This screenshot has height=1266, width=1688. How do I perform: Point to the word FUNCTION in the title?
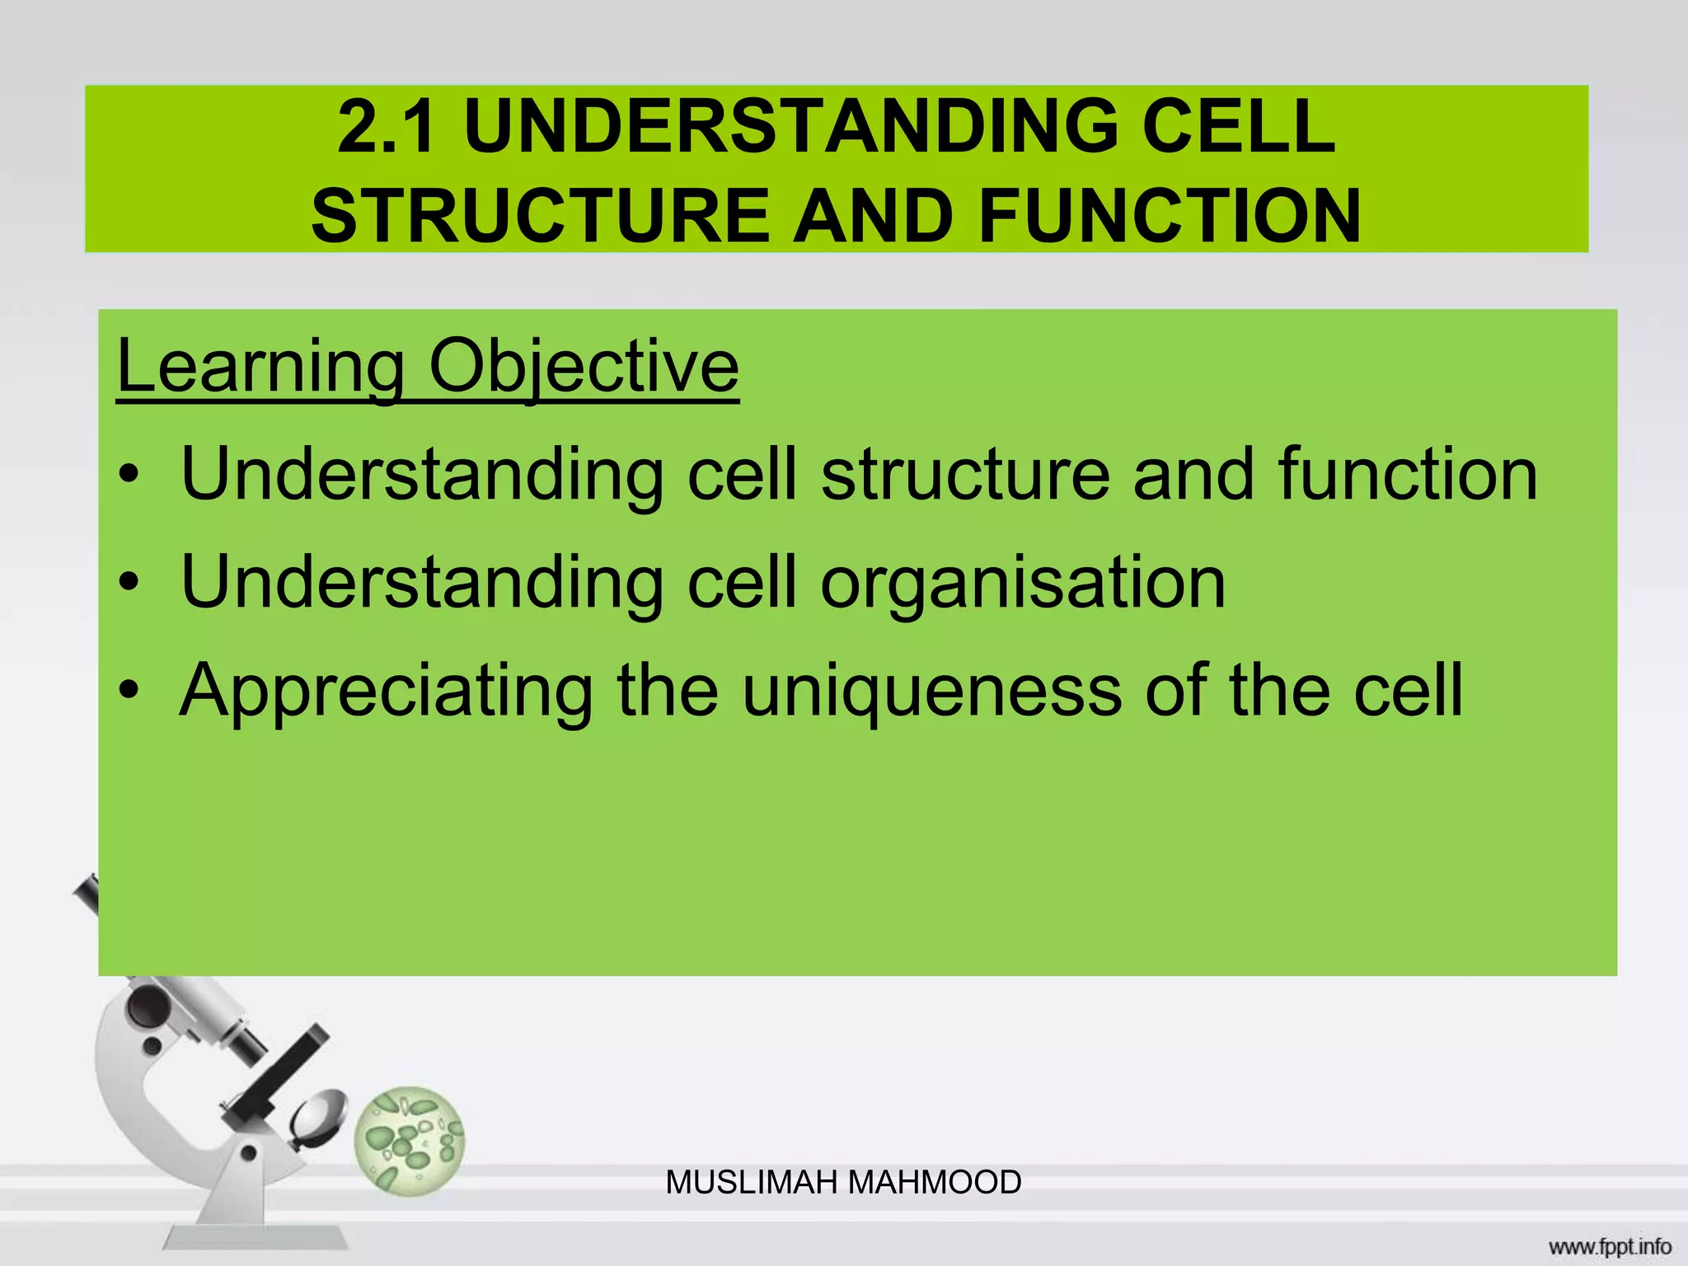1170,216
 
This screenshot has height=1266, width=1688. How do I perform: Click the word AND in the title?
874,216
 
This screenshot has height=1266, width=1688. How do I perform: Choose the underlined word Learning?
260,367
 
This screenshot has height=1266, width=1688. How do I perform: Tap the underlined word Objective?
584,367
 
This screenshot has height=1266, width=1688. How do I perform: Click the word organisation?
1023,584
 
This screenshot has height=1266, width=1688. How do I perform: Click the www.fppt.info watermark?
1610,1246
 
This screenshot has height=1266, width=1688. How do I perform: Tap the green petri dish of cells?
410,1141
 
